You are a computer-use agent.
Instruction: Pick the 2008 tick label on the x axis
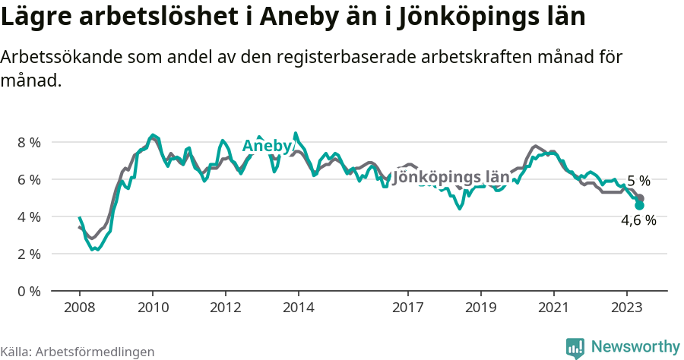click(x=79, y=308)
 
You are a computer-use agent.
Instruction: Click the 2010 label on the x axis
click(x=152, y=308)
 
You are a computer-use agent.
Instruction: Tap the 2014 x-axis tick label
click(x=298, y=308)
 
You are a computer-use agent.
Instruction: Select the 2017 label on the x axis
click(x=407, y=308)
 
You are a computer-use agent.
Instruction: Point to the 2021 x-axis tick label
click(x=553, y=308)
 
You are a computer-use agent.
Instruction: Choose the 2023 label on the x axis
click(x=626, y=308)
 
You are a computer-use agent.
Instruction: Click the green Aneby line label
click(x=267, y=147)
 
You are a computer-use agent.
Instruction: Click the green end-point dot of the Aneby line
click(x=639, y=205)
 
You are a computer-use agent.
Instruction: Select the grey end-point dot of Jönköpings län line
click(x=640, y=198)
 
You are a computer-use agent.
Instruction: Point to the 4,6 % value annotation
click(x=638, y=221)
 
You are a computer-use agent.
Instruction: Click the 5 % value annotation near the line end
click(x=638, y=181)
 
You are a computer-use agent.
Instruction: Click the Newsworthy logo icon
click(x=575, y=348)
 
